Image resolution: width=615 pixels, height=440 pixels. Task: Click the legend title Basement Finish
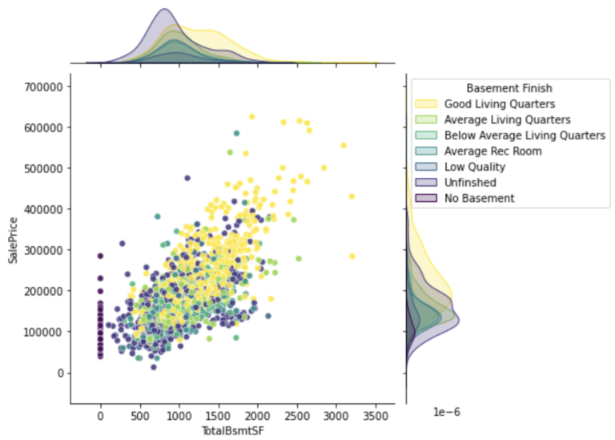click(508, 88)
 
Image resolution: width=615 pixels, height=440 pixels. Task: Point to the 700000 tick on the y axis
click(42, 86)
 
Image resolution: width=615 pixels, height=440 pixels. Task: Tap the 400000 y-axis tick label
click(42, 208)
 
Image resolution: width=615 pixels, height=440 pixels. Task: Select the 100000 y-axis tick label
click(42, 332)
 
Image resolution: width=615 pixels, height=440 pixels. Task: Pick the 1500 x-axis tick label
click(218, 417)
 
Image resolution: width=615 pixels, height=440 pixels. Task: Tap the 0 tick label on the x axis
click(100, 417)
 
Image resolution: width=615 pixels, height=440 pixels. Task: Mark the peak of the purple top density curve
click(164, 10)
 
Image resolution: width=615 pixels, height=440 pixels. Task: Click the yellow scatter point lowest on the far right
click(352, 256)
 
